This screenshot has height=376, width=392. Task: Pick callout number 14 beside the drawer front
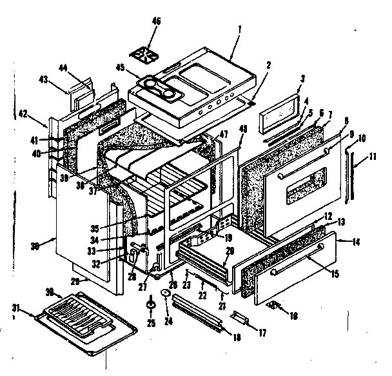pyautogui.click(x=355, y=243)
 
